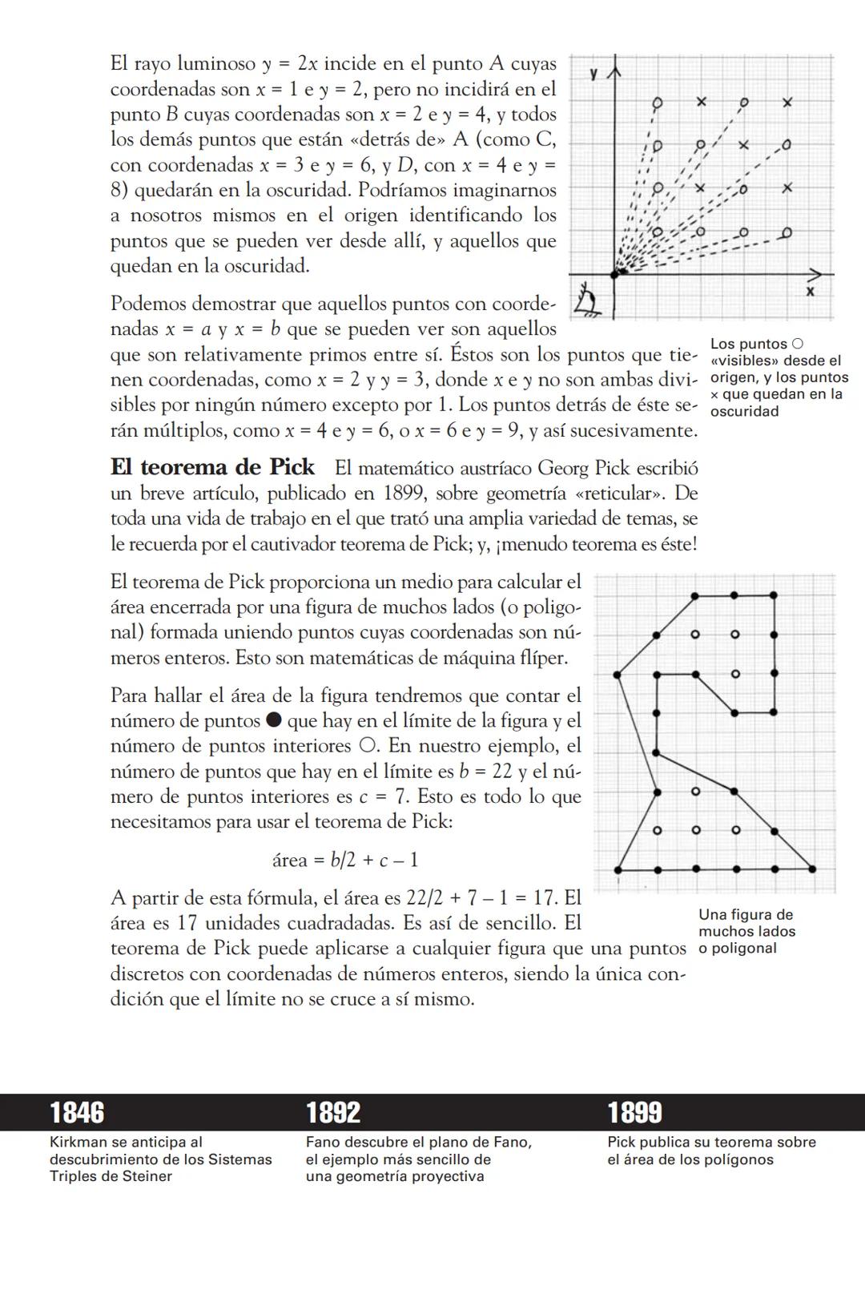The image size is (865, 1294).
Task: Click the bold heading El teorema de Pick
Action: [x=212, y=467]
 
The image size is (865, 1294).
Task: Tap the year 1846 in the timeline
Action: [x=77, y=1112]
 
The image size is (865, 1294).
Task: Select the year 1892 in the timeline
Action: [x=333, y=1112]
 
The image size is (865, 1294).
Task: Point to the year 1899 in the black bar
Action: [x=634, y=1112]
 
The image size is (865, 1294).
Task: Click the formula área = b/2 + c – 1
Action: [x=345, y=860]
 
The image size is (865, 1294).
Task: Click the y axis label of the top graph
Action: [x=593, y=74]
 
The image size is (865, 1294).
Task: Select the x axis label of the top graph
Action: [x=810, y=291]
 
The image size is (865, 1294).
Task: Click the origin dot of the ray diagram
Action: [x=615, y=273]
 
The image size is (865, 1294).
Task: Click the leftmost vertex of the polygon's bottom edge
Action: [x=618, y=869]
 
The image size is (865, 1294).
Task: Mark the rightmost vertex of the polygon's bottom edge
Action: [x=813, y=869]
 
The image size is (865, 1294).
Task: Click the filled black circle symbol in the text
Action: [x=274, y=720]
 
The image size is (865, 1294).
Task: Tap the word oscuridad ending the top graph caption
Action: [x=745, y=411]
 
